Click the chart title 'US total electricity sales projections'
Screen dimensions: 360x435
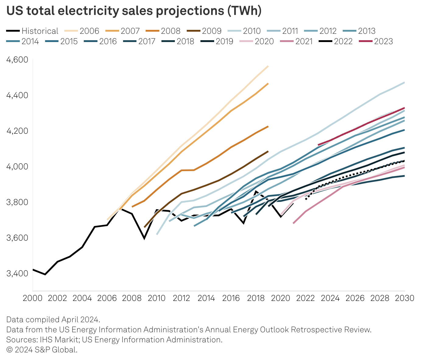tap(134, 11)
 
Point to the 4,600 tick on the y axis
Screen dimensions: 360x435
tap(17, 60)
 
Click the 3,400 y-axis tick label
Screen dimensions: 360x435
tap(17, 273)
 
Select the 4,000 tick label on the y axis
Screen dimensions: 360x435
tap(17, 167)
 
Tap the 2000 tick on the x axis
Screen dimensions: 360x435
tap(33, 298)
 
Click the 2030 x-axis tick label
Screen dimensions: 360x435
tap(405, 298)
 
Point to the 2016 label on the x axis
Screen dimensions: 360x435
tap(231, 298)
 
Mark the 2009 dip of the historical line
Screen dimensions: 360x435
tap(144, 238)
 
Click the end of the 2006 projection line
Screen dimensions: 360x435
tap(268, 66)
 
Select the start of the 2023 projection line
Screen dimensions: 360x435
tap(318, 145)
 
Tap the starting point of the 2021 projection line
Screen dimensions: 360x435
tap(293, 223)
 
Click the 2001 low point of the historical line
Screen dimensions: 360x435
tap(45, 274)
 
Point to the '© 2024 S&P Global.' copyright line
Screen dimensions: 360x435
tap(42, 350)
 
